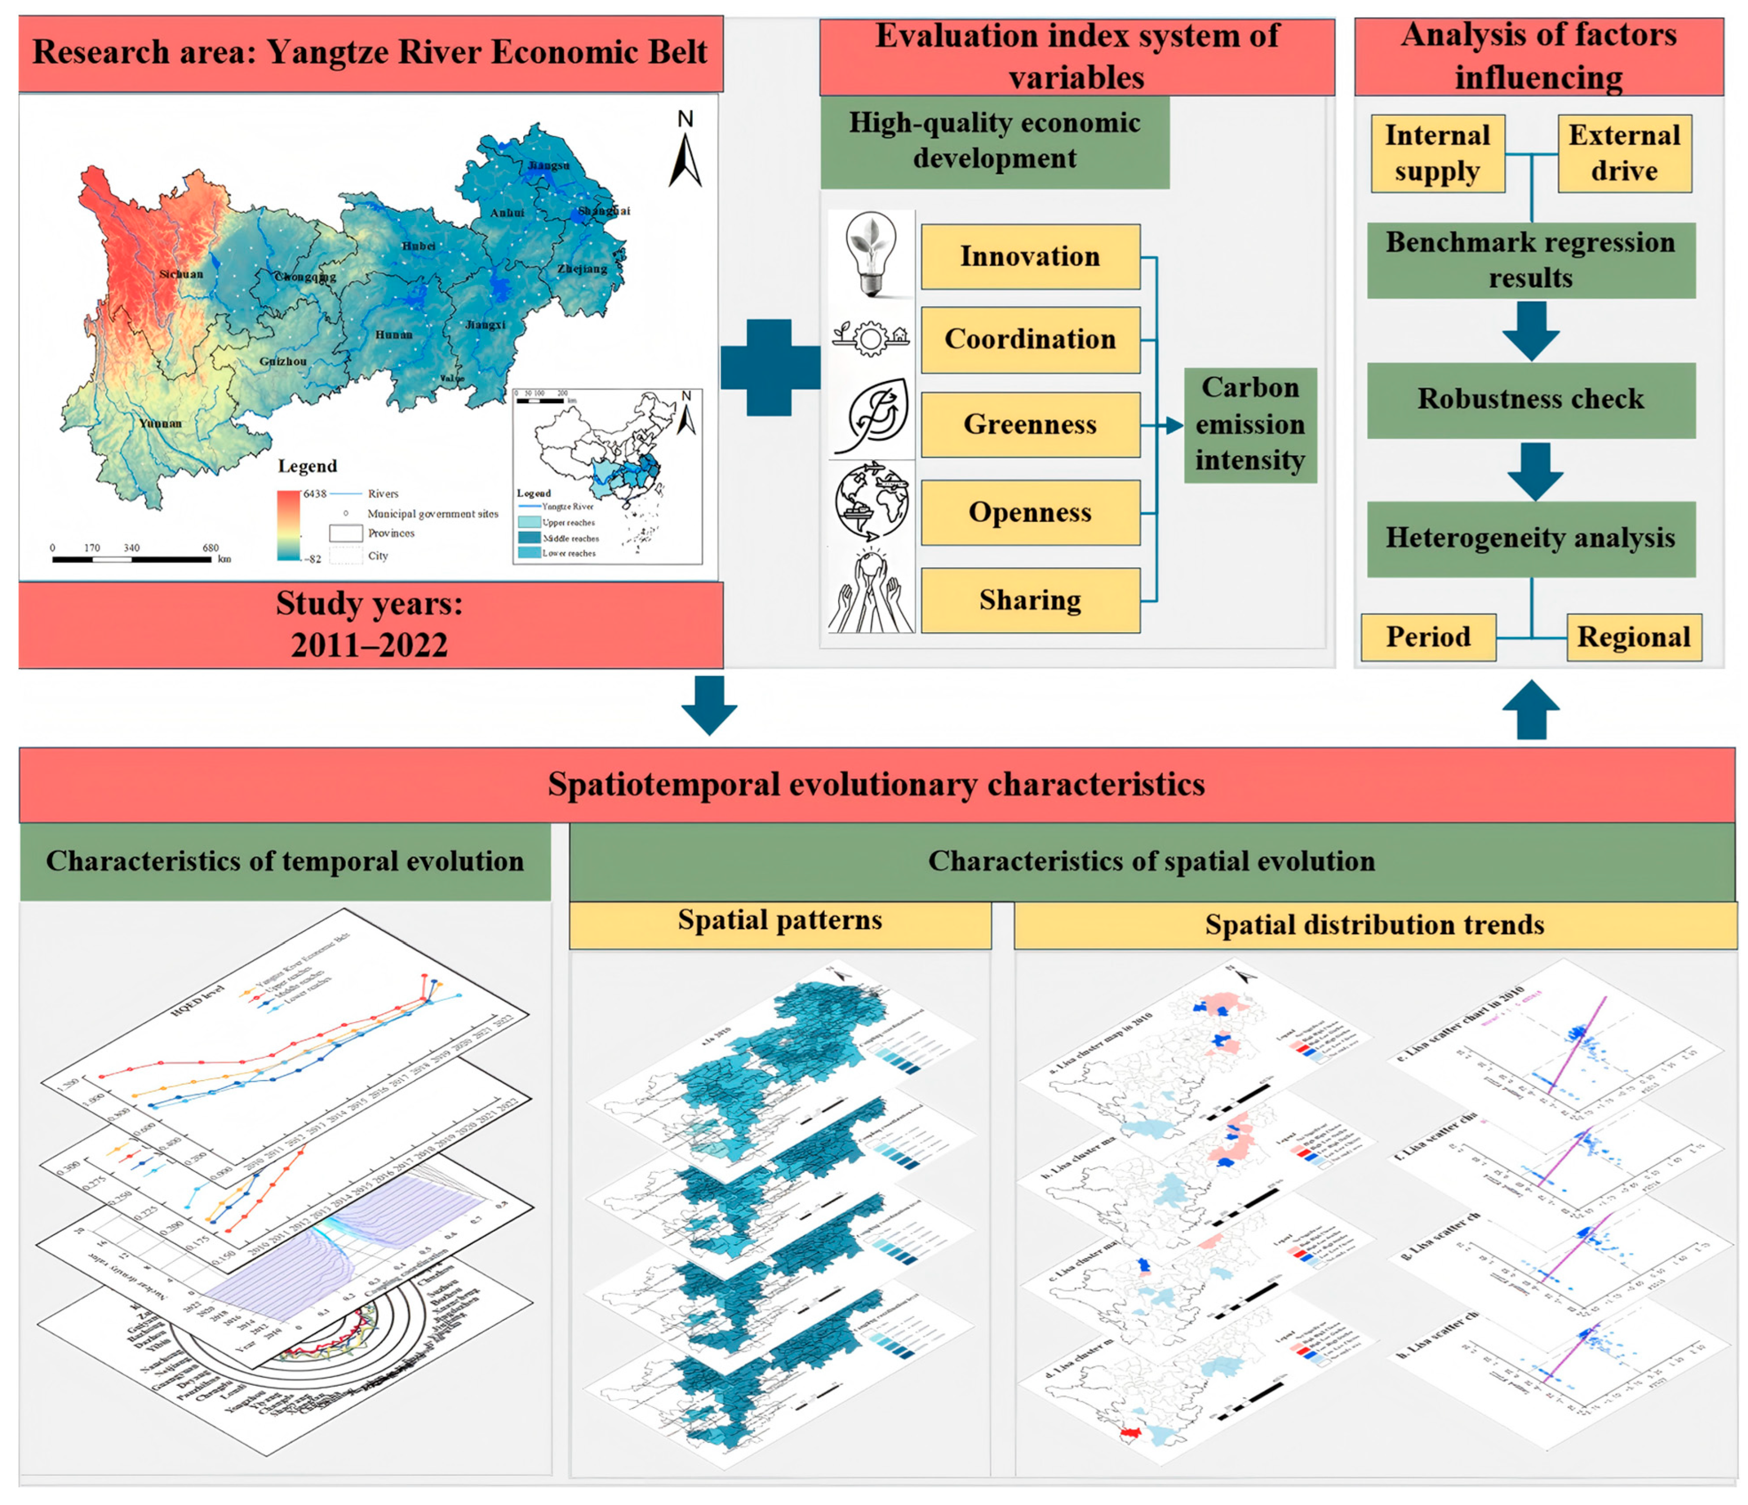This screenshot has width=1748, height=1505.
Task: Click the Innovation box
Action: pyautogui.click(x=1030, y=256)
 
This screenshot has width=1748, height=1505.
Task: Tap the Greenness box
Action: pyautogui.click(x=1030, y=424)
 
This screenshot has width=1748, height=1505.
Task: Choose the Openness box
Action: pyautogui.click(x=1030, y=512)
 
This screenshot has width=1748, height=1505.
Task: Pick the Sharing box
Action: pyautogui.click(x=1030, y=600)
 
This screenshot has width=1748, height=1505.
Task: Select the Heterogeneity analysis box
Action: pyautogui.click(x=1530, y=539)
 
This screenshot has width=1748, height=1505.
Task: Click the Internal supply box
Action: pyautogui.click(x=1437, y=154)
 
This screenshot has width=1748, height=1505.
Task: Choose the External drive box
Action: pyautogui.click(x=1624, y=154)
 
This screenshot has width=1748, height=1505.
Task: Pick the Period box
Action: pyautogui.click(x=1428, y=637)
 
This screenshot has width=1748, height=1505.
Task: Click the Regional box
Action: pyautogui.click(x=1633, y=637)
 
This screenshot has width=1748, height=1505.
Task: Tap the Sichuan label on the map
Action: pyautogui.click(x=180, y=274)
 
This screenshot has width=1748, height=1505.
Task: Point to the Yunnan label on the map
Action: pyautogui.click(x=160, y=423)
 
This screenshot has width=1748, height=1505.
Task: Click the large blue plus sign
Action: pyautogui.click(x=770, y=368)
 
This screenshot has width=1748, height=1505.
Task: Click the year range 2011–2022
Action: pyautogui.click(x=370, y=645)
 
